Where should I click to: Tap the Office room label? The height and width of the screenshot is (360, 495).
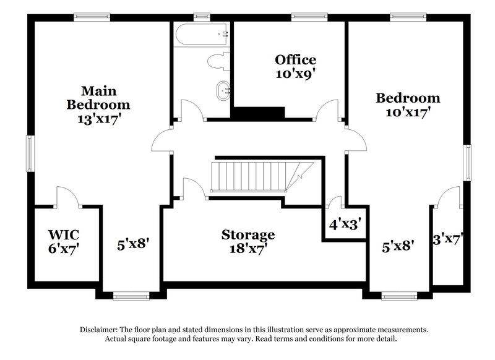[295, 66]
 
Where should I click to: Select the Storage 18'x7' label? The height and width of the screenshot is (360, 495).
[248, 241]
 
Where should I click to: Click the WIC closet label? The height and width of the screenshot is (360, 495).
[64, 241]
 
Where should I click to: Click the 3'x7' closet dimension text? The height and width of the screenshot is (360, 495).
[447, 238]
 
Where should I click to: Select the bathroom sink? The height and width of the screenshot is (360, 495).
[222, 92]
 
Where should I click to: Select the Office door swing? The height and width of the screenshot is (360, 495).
[325, 111]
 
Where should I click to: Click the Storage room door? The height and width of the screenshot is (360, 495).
[195, 189]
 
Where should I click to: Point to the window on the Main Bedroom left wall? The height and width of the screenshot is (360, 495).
[29, 152]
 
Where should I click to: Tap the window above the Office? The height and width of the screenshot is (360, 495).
[301, 17]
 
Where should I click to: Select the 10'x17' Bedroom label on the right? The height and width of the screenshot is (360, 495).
[408, 105]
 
